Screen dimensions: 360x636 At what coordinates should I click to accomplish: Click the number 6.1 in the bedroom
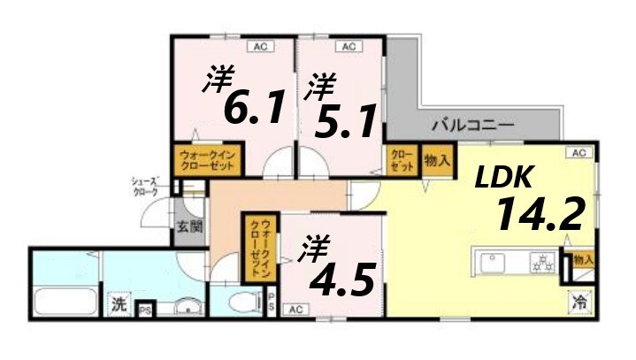coord(254,107)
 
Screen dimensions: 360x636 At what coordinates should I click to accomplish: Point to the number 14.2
coord(539,213)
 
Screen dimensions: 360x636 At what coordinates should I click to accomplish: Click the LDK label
coord(503,178)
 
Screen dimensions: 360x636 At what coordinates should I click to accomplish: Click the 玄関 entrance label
coord(188,226)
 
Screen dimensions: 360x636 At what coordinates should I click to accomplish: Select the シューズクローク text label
coord(145,186)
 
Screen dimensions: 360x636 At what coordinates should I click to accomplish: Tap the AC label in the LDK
coord(579,153)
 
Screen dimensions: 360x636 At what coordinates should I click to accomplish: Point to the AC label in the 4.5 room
coord(295,309)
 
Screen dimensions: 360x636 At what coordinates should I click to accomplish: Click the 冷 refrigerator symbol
coord(579,302)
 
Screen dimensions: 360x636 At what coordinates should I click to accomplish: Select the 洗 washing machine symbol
coord(119,303)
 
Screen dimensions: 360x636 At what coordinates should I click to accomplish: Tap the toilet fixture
coord(239,304)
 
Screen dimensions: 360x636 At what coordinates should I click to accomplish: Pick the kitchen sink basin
coord(491,262)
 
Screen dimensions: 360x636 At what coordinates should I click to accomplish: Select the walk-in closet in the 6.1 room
coord(206,161)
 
